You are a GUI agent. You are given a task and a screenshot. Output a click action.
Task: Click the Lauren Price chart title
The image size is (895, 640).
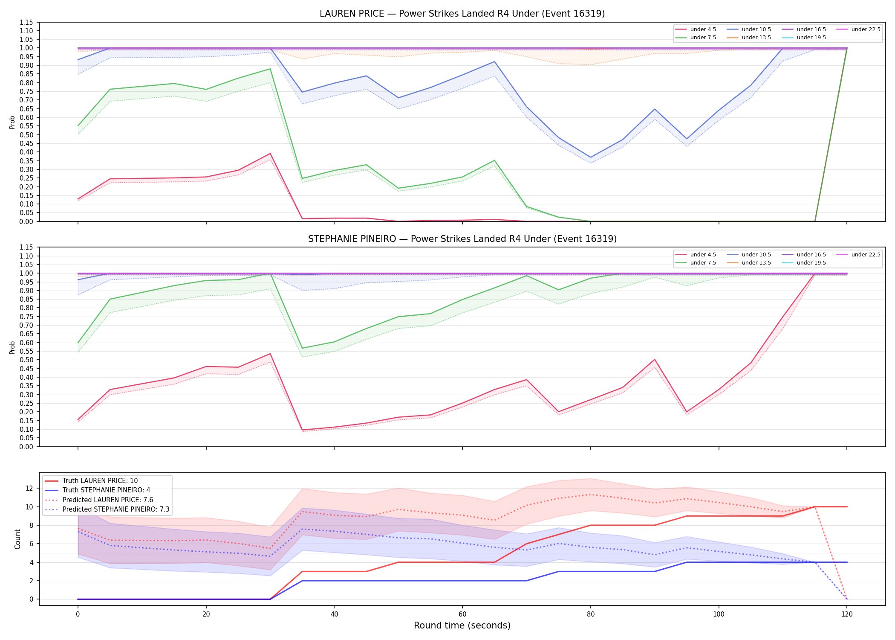(x=462, y=14)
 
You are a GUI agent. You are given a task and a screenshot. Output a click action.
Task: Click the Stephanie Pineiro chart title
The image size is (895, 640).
(x=462, y=239)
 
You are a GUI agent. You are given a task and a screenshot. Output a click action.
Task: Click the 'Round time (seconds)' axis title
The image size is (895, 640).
(x=462, y=625)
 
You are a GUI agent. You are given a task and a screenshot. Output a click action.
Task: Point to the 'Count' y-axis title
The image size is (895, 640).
(x=17, y=539)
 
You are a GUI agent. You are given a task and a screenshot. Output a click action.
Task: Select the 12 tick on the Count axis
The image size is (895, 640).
(x=30, y=488)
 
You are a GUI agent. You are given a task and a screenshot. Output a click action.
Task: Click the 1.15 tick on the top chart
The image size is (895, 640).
(x=26, y=22)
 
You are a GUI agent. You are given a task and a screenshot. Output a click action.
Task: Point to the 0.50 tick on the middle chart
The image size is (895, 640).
(x=26, y=360)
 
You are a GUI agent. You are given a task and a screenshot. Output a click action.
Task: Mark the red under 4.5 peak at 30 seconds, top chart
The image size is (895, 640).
(x=270, y=154)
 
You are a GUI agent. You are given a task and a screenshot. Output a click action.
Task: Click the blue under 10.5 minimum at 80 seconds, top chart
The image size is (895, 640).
(x=590, y=157)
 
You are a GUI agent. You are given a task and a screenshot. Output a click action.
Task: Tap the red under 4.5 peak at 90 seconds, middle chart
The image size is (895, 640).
(x=655, y=359)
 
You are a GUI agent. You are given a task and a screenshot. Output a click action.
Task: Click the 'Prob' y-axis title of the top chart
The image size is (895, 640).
(x=12, y=122)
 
